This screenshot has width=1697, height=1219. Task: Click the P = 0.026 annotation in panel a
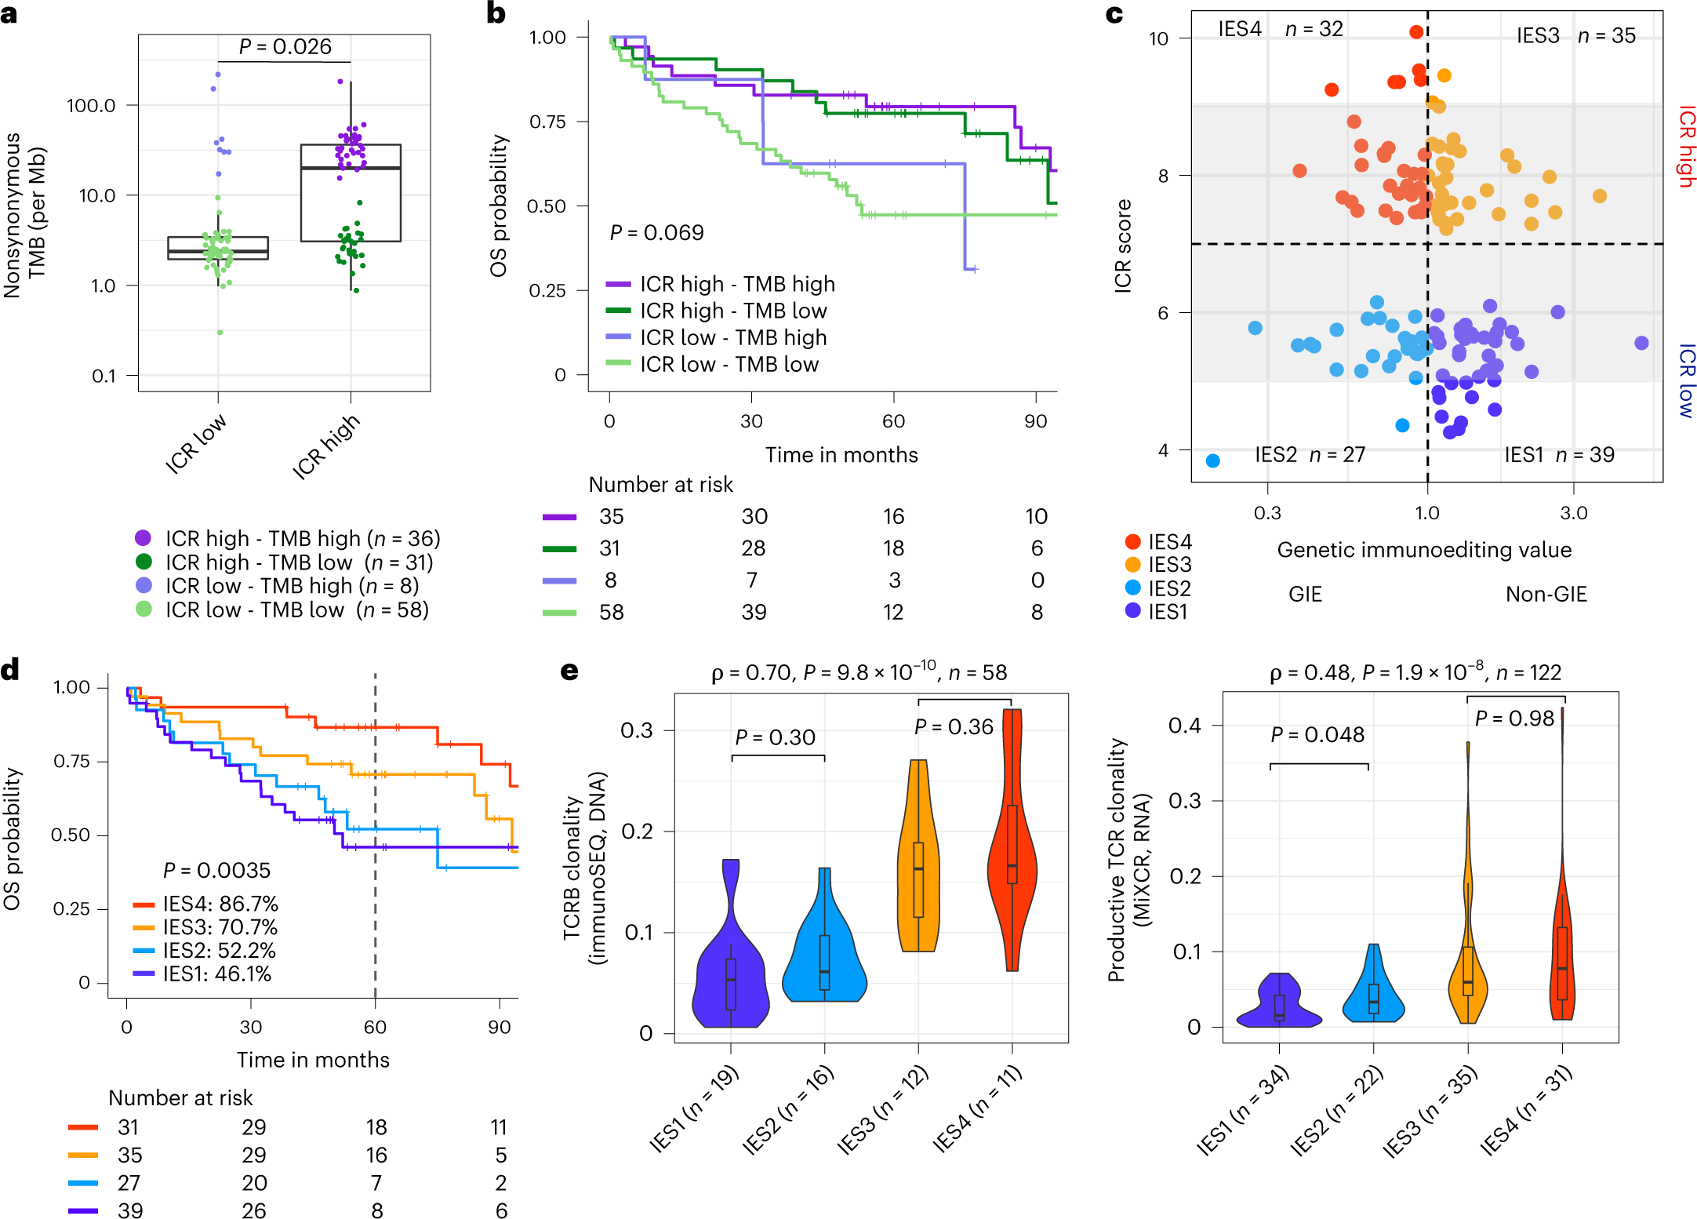pyautogui.click(x=285, y=47)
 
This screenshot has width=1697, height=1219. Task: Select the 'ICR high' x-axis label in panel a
pyautogui.click(x=326, y=446)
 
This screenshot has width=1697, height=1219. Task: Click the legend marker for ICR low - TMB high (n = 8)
pyautogui.click(x=144, y=585)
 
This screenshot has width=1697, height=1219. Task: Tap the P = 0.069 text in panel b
pyautogui.click(x=656, y=233)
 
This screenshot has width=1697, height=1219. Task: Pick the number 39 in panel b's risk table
pyautogui.click(x=754, y=612)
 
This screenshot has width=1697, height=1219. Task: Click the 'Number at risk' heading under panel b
pyautogui.click(x=660, y=485)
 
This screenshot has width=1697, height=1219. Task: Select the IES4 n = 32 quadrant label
pyautogui.click(x=1280, y=29)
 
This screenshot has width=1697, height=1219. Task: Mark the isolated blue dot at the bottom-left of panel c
pyautogui.click(x=1212, y=460)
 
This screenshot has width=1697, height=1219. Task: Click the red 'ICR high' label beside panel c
pyautogui.click(x=1686, y=147)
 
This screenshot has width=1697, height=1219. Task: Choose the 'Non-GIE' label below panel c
pyautogui.click(x=1546, y=595)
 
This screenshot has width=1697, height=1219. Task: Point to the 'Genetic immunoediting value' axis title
pyautogui.click(x=1424, y=550)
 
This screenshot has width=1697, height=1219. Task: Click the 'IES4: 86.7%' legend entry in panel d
pyautogui.click(x=220, y=904)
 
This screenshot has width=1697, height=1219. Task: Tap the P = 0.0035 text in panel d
pyautogui.click(x=216, y=871)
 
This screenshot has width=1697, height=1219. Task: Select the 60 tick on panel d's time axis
pyautogui.click(x=375, y=1028)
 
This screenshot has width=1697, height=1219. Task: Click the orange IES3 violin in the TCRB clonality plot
pyautogui.click(x=918, y=863)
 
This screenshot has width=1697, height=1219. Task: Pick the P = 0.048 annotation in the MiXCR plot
pyautogui.click(x=1317, y=735)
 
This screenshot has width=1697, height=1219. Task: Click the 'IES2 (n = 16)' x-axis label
pyautogui.click(x=787, y=1110)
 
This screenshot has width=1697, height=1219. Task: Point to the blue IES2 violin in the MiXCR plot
pyautogui.click(x=1373, y=992)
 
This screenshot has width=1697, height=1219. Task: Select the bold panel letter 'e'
pyautogui.click(x=569, y=671)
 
